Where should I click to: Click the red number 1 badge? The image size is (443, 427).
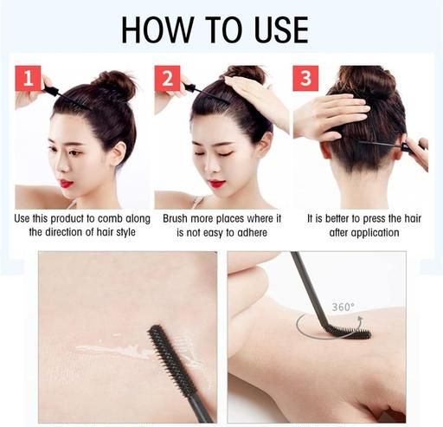click(28, 78)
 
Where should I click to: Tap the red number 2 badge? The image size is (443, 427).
click(168, 78)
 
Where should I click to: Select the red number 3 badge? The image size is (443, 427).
click(305, 78)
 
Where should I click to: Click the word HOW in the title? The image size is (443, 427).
click(157, 30)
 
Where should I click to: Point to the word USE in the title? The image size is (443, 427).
click(282, 30)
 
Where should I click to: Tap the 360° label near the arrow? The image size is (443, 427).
click(343, 307)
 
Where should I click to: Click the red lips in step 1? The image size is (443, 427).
click(66, 183)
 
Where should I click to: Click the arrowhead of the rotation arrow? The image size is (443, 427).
click(360, 320)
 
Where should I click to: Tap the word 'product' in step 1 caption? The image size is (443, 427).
click(68, 219)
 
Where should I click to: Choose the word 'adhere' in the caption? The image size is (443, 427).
click(250, 232)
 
